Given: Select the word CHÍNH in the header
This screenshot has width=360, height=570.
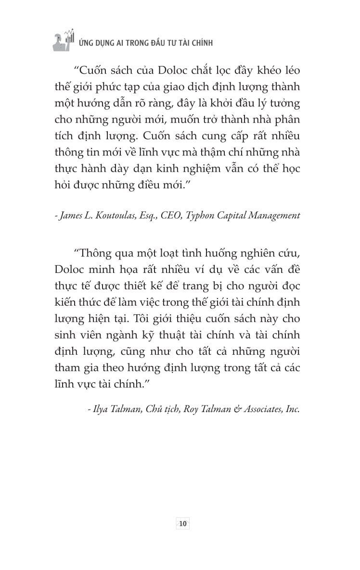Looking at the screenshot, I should click(x=202, y=43).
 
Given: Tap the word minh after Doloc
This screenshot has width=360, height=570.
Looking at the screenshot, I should click(x=92, y=270).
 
